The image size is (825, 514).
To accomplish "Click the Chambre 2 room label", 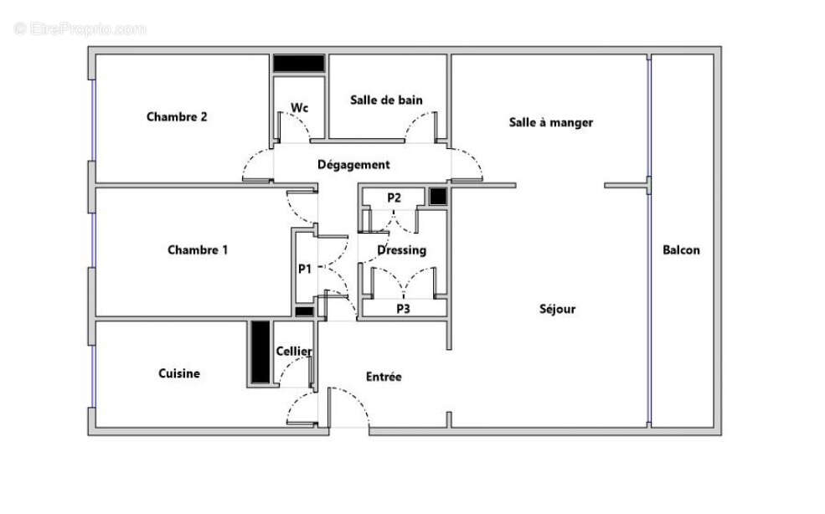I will coord(177,117).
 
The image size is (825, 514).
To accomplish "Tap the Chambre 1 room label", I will coord(198,249).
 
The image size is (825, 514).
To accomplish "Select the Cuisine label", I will coord(179,373).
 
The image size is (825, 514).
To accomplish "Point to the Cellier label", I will coord(294,352).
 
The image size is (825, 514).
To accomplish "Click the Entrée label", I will coord(384,377).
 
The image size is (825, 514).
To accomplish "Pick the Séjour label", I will coord(557,309).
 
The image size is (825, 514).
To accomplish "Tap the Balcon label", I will coord(681,249).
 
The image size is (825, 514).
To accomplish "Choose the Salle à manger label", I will coord(551,122).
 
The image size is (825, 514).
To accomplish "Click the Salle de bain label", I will coord(386,100).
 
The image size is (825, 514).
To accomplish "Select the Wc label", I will coord(299,107).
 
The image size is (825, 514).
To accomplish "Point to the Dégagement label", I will coord(353,165).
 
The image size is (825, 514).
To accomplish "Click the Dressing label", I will coord(401,249).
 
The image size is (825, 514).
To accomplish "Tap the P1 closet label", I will coord(305,270).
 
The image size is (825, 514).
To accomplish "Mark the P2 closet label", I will coord(394,198).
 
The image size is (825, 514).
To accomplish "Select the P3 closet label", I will coord(403,308).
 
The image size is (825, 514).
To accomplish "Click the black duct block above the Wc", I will coord(299,64).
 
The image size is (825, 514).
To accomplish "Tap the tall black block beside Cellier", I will coord(259,352).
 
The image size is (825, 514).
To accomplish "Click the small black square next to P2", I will coord(437,197).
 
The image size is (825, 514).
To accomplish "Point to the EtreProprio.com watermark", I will coord(80,28).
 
